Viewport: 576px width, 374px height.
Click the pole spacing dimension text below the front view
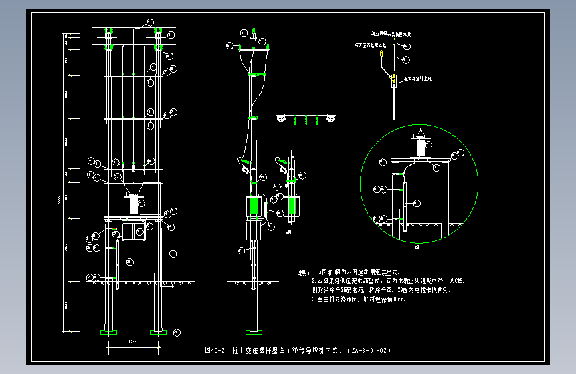click(x=133, y=343)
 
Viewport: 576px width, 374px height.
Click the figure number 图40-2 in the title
click(x=215, y=350)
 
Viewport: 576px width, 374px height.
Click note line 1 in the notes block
click(x=359, y=272)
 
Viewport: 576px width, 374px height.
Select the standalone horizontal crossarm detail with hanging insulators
click(x=306, y=118)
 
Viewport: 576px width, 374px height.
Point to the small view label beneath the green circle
click(x=418, y=247)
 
